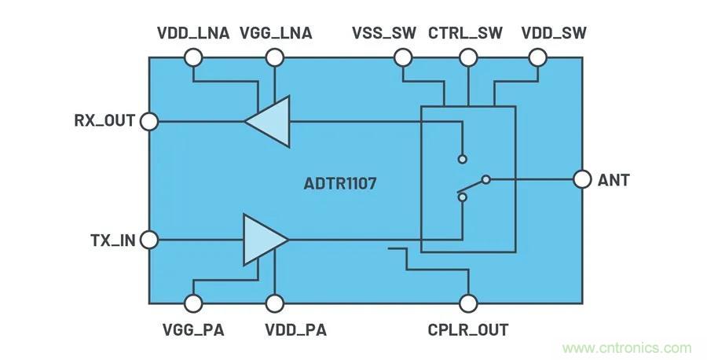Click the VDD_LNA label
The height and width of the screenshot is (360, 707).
pyautogui.click(x=193, y=33)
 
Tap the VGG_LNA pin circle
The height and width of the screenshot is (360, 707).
pyautogui.click(x=274, y=57)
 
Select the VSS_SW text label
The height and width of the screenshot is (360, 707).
pyautogui.click(x=383, y=33)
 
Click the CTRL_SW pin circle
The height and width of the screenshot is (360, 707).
pyautogui.click(x=468, y=57)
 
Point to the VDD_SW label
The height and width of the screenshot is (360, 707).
pyautogui.click(x=554, y=33)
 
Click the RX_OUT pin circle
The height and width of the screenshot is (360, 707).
pyautogui.click(x=148, y=121)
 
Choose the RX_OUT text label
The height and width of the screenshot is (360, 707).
pyautogui.click(x=104, y=121)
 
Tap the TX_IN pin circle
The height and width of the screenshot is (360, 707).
pyautogui.click(x=148, y=239)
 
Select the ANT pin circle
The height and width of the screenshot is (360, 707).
pyautogui.click(x=582, y=180)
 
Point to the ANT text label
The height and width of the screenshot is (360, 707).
pyautogui.click(x=614, y=180)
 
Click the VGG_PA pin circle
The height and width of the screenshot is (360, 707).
pyautogui.click(x=193, y=303)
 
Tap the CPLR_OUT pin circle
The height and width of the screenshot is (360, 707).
pyautogui.click(x=468, y=303)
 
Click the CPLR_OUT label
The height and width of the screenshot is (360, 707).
pyautogui.click(x=468, y=329)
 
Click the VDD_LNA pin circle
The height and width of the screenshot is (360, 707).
pyautogui.click(x=193, y=57)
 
